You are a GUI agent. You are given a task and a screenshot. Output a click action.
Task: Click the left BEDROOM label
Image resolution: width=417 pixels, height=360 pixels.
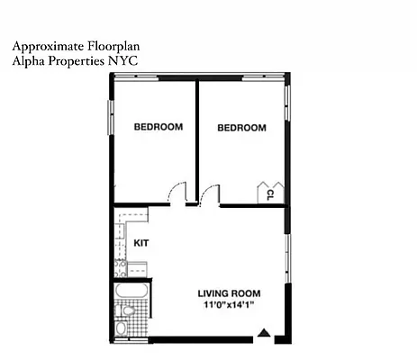pyautogui.click(x=158, y=127)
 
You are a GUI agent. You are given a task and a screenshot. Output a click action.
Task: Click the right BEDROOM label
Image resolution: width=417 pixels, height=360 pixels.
pyautogui.click(x=241, y=128)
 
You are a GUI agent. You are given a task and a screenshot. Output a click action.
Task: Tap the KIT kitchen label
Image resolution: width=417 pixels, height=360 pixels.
pyautogui.click(x=141, y=243)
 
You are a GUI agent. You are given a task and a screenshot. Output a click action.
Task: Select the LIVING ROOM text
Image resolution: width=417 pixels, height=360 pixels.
pyautogui.click(x=230, y=293)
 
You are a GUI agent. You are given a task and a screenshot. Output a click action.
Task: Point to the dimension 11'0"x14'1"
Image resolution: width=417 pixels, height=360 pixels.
pyautogui.click(x=230, y=305)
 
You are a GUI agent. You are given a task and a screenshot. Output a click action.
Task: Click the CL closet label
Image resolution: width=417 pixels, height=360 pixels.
pyautogui.click(x=269, y=194)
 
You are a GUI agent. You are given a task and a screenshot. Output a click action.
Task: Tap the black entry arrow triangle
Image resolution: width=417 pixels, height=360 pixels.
pyautogui.click(x=263, y=335)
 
